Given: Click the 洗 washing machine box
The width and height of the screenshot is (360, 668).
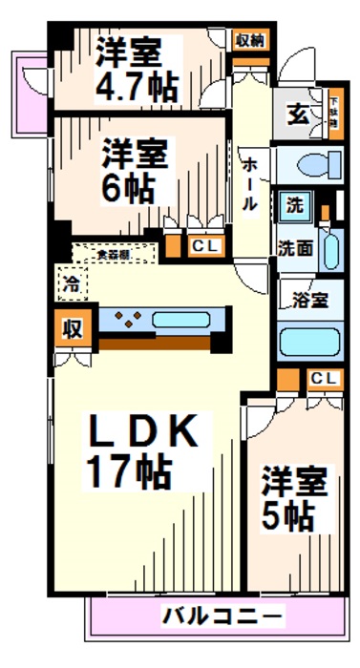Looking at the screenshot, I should pyautogui.click(x=294, y=204).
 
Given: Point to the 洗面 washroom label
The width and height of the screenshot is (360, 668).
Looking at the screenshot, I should pyautogui.click(x=295, y=246).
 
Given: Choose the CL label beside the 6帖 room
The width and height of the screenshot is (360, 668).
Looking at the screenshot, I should pyautogui.click(x=204, y=246).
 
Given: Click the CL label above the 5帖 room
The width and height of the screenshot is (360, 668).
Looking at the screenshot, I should pyautogui.click(x=323, y=379).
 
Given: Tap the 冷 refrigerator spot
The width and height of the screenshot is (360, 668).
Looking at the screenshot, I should pyautogui.click(x=71, y=282).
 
